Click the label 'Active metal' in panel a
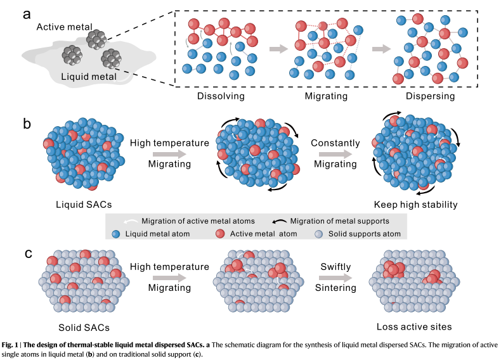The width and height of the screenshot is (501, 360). coord(64,27)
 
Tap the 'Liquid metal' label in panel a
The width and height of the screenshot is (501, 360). coord(89,77)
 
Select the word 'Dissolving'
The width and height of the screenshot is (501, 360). coord(221,96)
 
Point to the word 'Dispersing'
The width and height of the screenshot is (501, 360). coord(430,96)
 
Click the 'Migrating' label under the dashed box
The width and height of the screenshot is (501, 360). coord(326,96)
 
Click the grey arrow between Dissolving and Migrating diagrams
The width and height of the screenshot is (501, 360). coord(278,49)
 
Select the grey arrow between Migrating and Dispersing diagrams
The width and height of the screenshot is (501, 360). coord(382,49)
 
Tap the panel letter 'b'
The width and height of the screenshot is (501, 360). coord(27,124)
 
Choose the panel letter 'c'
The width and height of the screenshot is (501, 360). coord(29,254)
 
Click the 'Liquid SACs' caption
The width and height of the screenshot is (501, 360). coord(84,205)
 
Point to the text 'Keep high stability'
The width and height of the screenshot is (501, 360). coord(415,205)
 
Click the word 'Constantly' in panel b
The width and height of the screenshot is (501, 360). coord(335,143)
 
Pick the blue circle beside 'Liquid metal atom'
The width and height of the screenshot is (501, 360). coord(116,234)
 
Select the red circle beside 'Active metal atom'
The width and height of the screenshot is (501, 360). coord(220,234)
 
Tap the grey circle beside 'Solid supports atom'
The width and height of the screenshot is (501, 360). coord(319,234)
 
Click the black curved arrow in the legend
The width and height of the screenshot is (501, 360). coord(279,221)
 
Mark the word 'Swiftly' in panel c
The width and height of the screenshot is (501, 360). coord(335,267)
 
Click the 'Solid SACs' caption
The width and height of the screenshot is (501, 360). coord(84,328)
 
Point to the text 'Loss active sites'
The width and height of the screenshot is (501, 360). coord(414,326)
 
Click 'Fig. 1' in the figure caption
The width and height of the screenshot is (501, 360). coord(10,345)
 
